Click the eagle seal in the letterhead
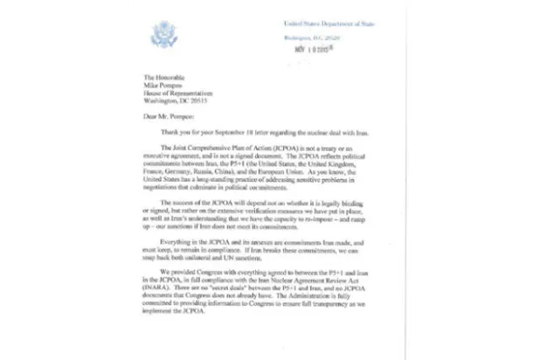coord(163,35)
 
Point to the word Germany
coord(193,171)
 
